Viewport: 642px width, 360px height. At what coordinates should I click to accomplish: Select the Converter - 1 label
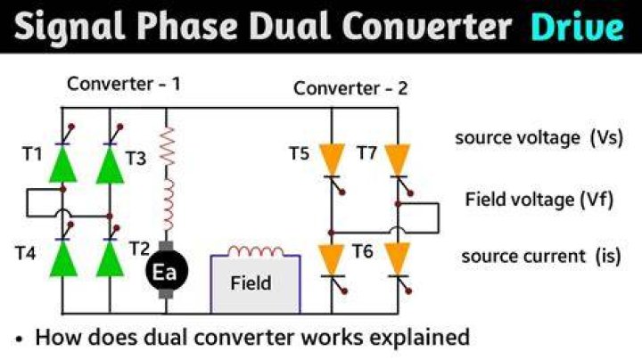click(x=124, y=84)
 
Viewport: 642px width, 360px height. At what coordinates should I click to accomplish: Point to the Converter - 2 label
click(x=350, y=88)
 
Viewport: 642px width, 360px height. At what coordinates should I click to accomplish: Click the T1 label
click(x=32, y=154)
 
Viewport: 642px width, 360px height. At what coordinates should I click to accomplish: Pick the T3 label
click(x=136, y=159)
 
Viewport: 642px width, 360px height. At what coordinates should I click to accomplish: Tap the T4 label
click(x=25, y=253)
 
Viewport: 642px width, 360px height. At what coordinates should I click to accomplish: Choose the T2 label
click(x=139, y=249)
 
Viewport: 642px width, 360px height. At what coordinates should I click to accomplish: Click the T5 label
click(x=299, y=153)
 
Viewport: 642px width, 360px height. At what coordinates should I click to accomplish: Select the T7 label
click(x=366, y=153)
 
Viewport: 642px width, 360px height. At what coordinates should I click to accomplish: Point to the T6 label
click(x=363, y=251)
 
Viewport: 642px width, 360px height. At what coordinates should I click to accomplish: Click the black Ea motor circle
click(x=167, y=270)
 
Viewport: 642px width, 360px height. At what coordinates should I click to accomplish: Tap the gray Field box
click(x=256, y=284)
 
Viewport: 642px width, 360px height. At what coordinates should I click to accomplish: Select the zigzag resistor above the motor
click(x=167, y=146)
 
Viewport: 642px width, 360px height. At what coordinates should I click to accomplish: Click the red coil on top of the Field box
click(x=256, y=251)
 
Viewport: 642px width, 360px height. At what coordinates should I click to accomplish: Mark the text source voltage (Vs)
click(x=539, y=137)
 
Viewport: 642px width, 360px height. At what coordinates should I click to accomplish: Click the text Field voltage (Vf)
click(x=539, y=200)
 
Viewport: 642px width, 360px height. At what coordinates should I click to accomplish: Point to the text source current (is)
click(x=541, y=257)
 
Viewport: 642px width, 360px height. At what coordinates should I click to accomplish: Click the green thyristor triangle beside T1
click(x=62, y=164)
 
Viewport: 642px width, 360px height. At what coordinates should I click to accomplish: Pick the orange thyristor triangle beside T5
click(x=331, y=160)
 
